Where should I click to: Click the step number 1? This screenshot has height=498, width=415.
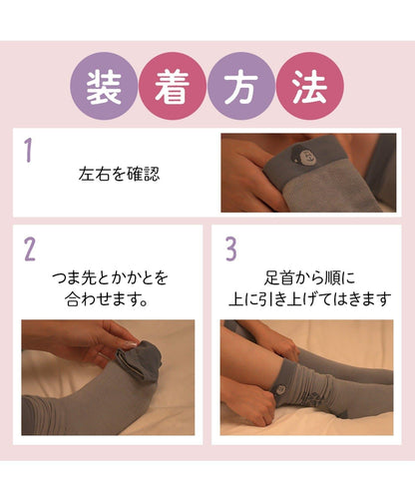tap(29, 152)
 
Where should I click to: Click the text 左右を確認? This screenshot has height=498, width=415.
tap(119, 175)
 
